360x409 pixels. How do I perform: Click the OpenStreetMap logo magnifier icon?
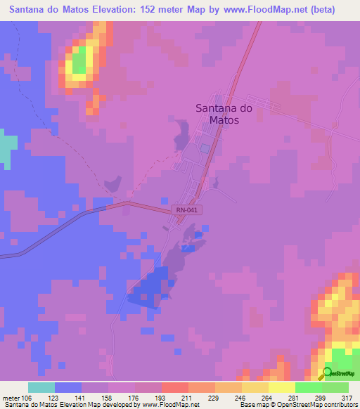328,372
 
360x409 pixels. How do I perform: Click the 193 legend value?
162,397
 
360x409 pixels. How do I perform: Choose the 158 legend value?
108,397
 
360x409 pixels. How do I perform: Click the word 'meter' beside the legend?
11,397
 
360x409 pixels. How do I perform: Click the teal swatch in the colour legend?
41,387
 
